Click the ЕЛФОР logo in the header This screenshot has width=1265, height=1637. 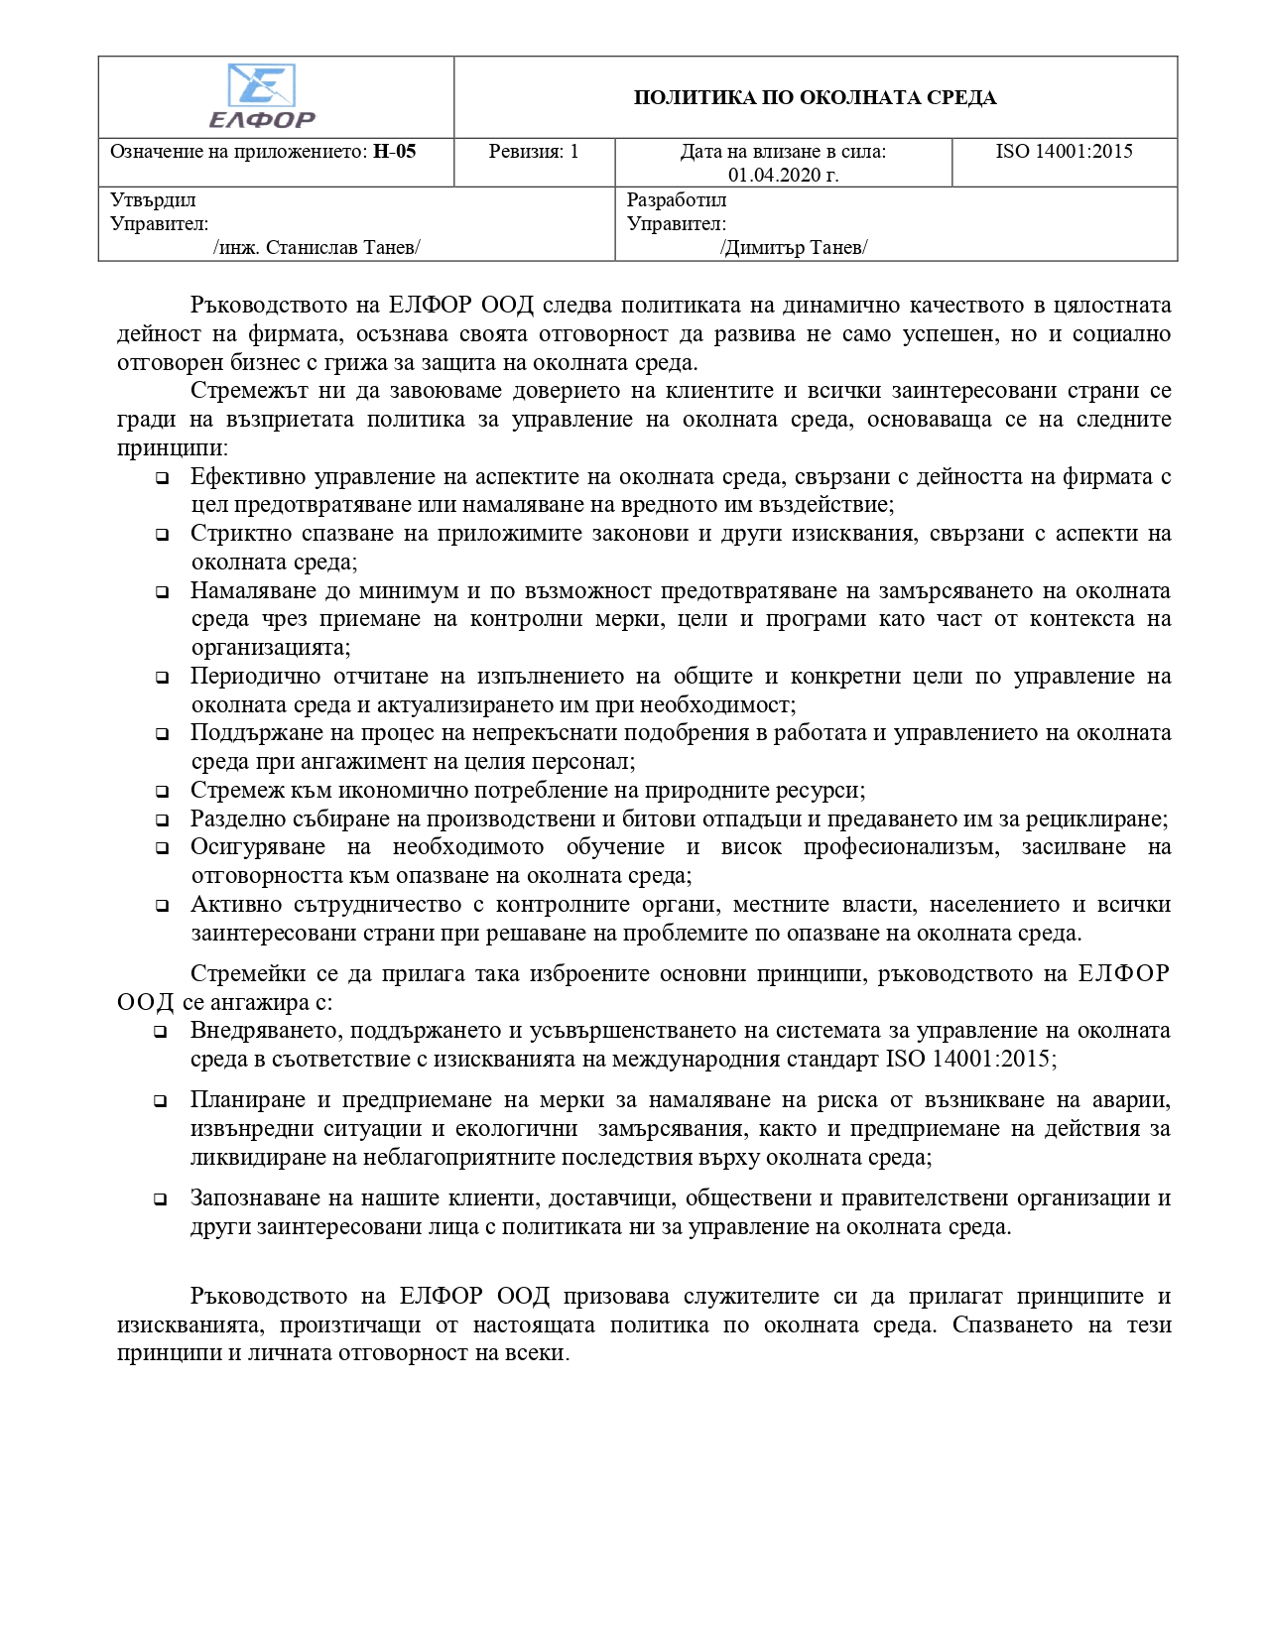click(262, 96)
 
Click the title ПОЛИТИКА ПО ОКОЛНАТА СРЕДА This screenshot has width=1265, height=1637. click(815, 97)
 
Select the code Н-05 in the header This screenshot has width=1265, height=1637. click(394, 152)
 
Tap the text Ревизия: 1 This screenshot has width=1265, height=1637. click(534, 152)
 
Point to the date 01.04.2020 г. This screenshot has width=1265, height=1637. click(783, 176)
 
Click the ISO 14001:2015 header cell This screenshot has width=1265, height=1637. click(1064, 152)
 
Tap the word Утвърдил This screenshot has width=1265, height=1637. click(153, 200)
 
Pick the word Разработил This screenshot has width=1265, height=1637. click(677, 200)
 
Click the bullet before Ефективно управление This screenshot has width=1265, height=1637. click(161, 478)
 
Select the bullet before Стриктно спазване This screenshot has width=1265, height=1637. click(161, 535)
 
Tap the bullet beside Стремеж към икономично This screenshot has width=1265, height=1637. click(161, 792)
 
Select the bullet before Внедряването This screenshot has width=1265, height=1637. click(161, 1032)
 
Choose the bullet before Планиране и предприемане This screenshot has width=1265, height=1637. click(161, 1101)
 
